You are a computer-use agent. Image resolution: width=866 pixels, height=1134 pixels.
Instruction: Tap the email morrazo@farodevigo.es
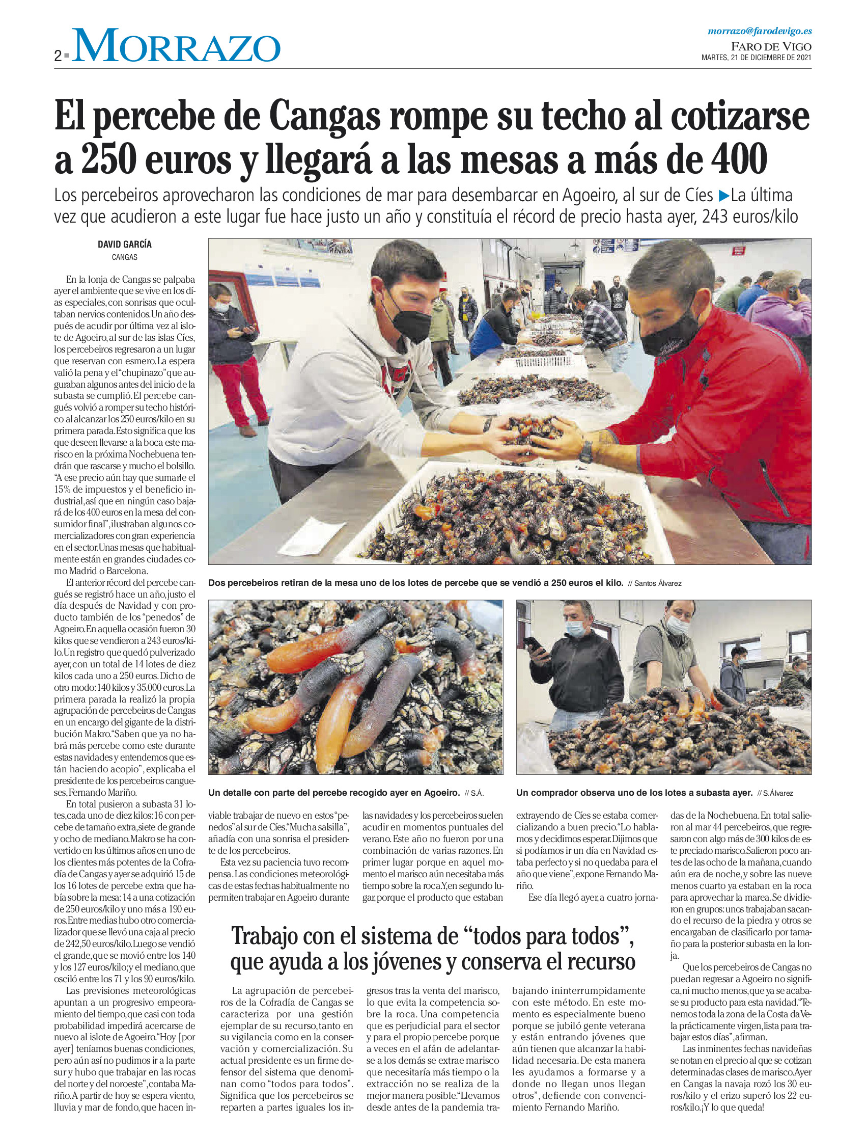(759, 32)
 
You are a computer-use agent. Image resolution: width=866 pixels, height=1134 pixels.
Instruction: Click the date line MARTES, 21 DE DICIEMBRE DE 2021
(756, 58)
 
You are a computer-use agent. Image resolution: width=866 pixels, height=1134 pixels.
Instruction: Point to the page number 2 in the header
(58, 56)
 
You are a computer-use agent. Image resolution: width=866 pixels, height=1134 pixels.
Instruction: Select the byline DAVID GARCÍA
(125, 245)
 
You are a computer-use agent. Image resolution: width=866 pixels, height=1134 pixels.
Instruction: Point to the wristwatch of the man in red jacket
(586, 451)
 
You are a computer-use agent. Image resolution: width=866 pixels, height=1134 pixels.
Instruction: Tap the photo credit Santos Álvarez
(657, 583)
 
